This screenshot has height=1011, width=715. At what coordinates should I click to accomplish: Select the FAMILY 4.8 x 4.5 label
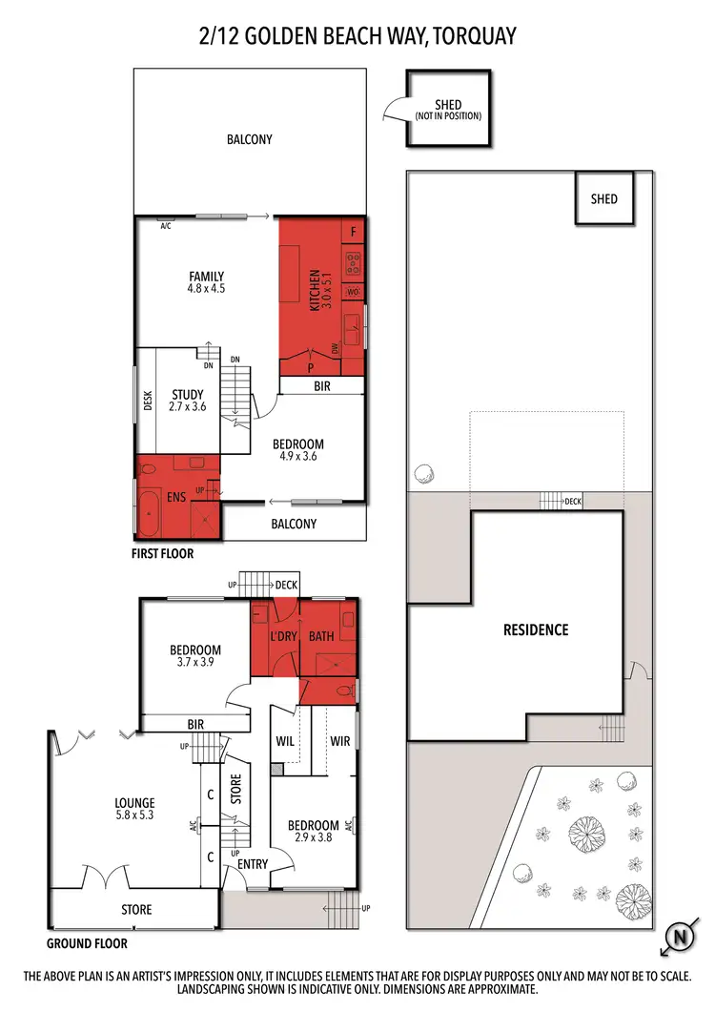[206, 282]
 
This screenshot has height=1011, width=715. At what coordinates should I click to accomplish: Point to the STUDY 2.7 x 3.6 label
[187, 400]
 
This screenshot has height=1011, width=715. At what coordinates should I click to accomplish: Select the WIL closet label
[285, 740]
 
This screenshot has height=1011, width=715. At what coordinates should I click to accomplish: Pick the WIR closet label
[340, 740]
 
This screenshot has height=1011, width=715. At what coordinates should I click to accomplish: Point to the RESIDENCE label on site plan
[535, 629]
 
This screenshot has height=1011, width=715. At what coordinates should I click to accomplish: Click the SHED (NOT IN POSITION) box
[447, 109]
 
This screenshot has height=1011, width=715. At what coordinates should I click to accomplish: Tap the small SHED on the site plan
[603, 199]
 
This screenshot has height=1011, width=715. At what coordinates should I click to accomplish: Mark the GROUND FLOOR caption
[87, 943]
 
